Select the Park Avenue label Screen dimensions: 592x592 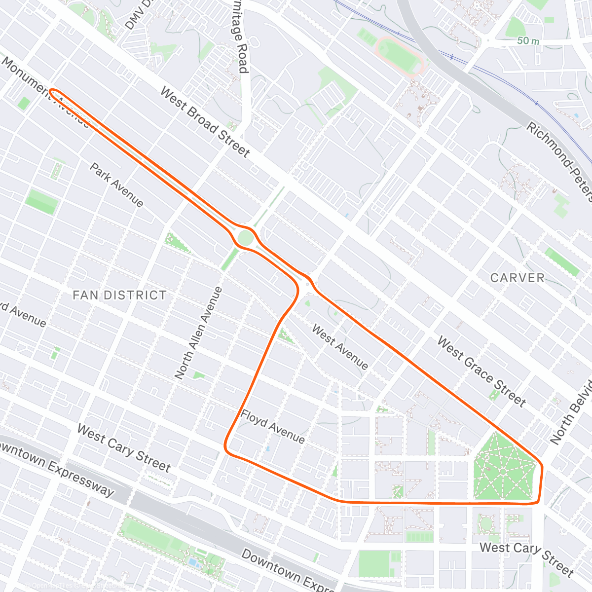tap(116, 185)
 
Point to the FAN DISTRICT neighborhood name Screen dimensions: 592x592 tap(119, 295)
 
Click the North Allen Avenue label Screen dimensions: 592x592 tap(198, 333)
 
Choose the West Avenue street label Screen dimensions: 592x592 tap(340, 347)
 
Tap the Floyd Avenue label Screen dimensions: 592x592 tap(272, 426)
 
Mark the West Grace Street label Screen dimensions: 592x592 tap(481, 371)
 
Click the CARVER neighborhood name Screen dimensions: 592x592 tap(517, 278)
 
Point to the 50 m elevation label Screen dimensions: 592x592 tap(528, 41)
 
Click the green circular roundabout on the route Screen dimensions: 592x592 tap(245, 238)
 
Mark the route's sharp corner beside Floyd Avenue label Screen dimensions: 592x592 tap(226, 449)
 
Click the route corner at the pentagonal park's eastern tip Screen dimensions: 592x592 tap(542, 466)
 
